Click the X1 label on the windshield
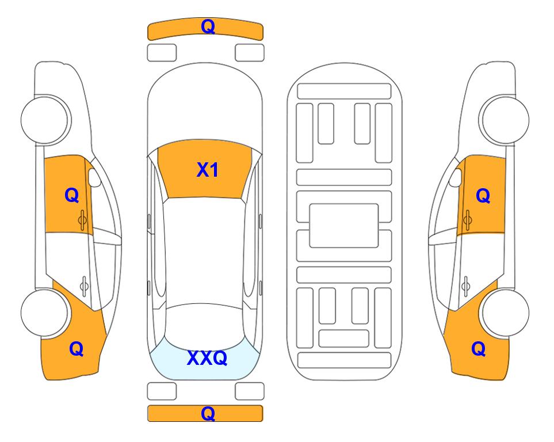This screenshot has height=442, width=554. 208,170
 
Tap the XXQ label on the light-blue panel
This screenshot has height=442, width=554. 207,358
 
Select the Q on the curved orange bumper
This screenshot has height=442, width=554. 208,26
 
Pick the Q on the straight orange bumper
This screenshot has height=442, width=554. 208,413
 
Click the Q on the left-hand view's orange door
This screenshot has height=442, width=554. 72,195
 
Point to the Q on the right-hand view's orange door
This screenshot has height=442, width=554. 483,195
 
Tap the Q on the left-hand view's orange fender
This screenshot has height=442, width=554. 77,349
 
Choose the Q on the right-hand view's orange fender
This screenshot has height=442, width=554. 479,349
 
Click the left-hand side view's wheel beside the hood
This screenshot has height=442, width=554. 45,120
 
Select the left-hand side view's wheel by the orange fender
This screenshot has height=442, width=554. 45,313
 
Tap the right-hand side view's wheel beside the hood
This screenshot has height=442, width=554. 505,120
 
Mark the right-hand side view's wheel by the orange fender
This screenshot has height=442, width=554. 505,313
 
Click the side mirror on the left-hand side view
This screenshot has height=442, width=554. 94,177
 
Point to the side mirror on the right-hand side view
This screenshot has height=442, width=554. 456,177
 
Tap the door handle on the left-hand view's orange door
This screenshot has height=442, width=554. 83,220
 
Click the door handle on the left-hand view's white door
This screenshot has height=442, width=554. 84,285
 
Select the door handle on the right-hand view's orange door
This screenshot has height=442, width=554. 467,220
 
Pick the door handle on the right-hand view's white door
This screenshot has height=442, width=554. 465,285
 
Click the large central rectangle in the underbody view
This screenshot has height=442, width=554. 344,226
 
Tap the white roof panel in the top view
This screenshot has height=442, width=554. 204,252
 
